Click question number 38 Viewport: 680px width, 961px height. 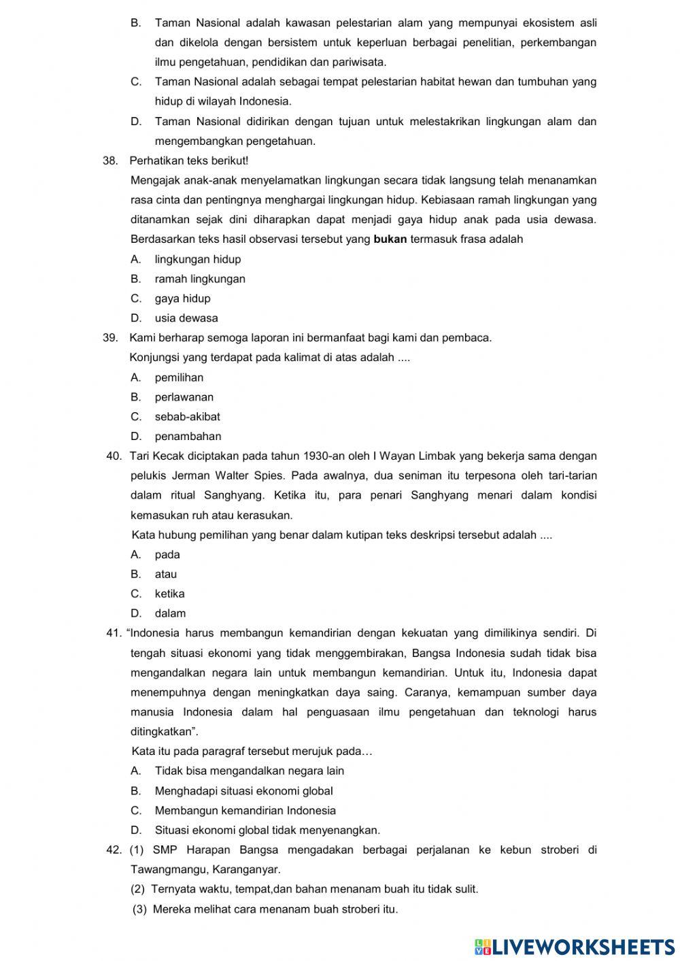coord(110,161)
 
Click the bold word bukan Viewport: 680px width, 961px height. coord(390,239)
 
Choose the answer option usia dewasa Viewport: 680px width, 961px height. coord(186,318)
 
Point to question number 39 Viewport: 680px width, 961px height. coord(110,338)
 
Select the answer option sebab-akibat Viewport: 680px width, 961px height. coord(187,417)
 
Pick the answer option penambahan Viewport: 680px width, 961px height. coord(188,437)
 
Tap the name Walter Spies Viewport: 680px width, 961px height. coord(254,476)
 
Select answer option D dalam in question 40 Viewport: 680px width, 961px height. coord(170,613)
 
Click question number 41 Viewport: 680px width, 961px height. coord(114,634)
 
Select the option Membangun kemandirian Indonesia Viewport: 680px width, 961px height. coord(245,811)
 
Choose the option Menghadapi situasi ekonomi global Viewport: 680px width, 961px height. coord(243,791)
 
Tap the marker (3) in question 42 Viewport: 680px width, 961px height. coord(139,909)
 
